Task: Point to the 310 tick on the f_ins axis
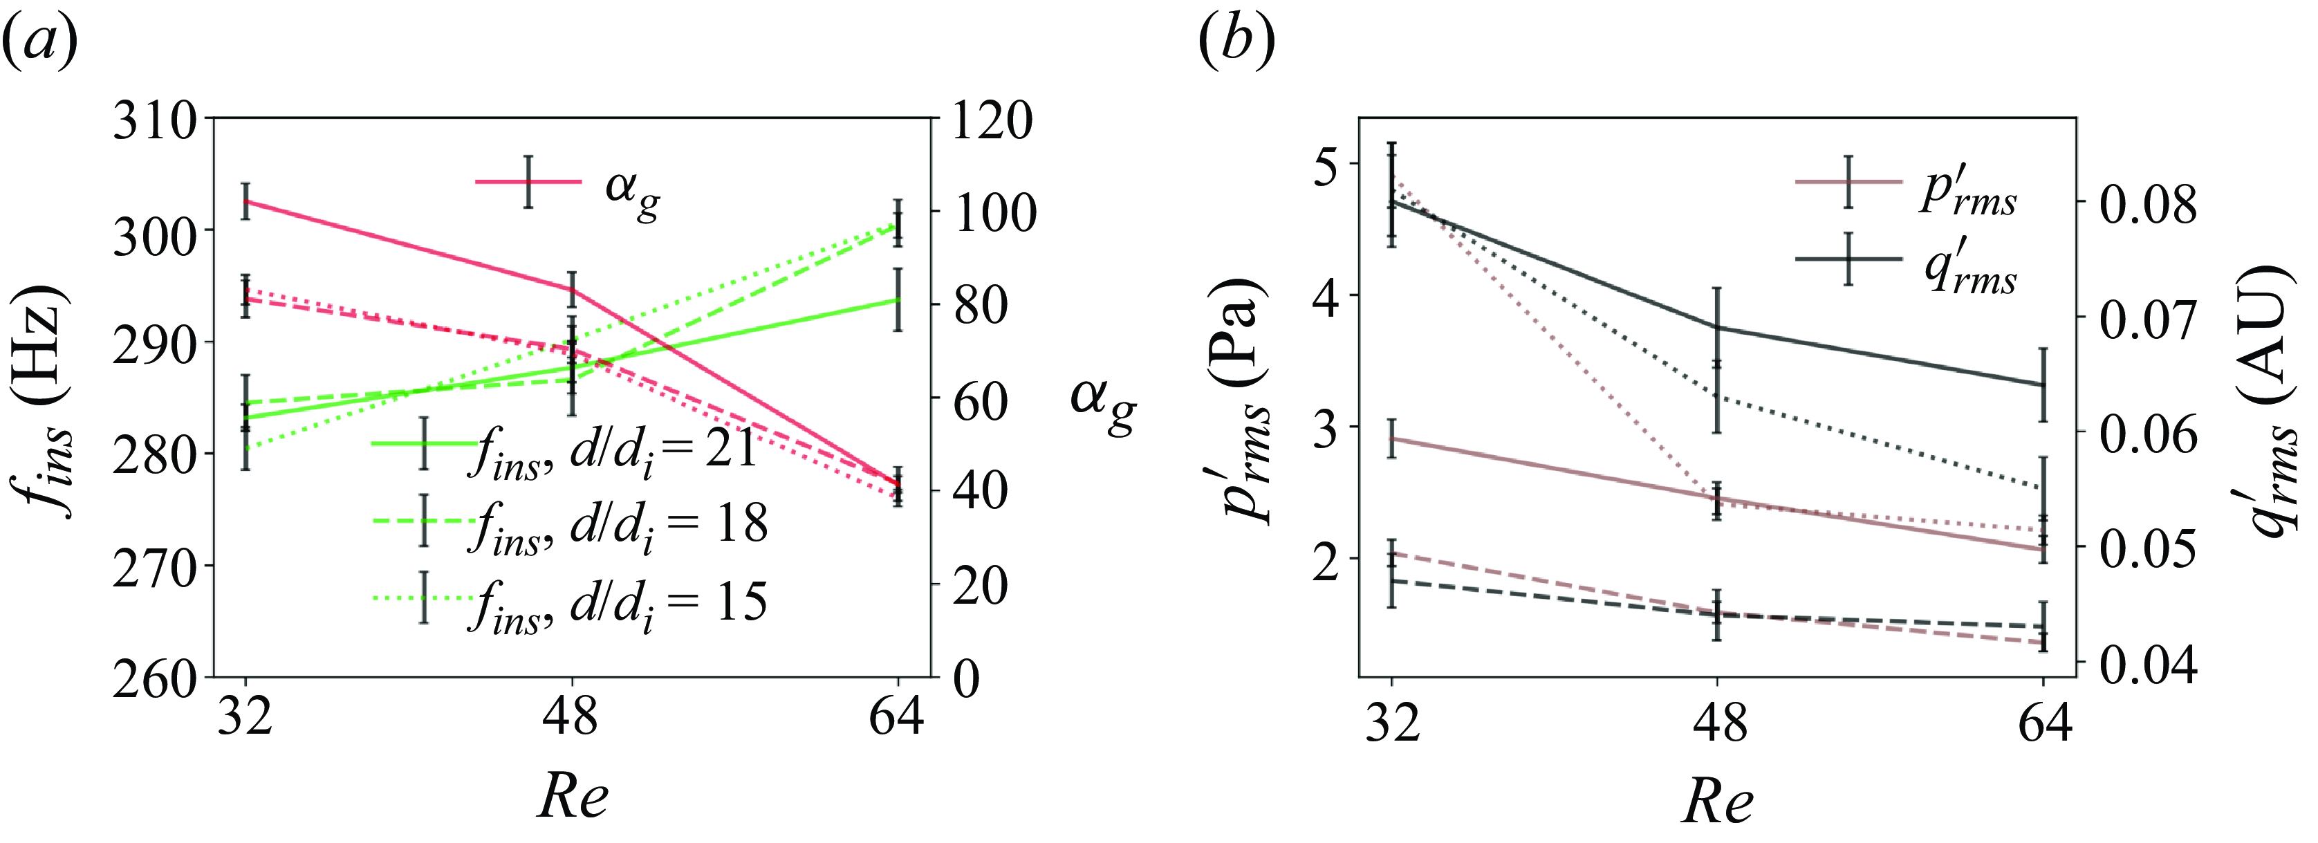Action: (x=154, y=120)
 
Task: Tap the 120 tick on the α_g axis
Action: (x=992, y=120)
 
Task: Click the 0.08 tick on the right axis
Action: (x=2149, y=203)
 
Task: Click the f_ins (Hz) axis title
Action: (x=45, y=400)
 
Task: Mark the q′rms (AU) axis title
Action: (x=2272, y=400)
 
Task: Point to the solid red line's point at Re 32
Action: (x=245, y=201)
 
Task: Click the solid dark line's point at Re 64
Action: (x=2043, y=385)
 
